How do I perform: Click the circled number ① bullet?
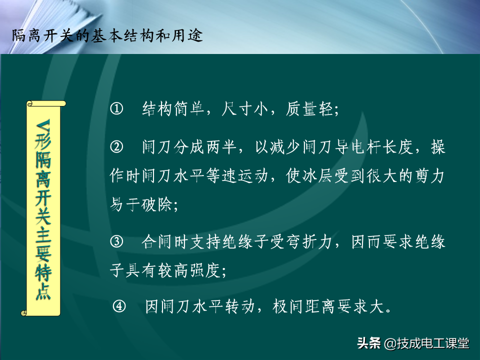click(116, 109)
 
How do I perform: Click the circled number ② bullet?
click(116, 147)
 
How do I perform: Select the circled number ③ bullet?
click(116, 242)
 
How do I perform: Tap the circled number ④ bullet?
click(119, 306)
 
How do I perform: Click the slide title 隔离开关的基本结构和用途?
click(107, 36)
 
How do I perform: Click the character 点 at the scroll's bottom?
click(43, 291)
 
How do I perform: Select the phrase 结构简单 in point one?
click(173, 109)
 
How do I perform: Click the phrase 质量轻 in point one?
click(309, 109)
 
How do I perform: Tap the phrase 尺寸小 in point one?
click(244, 109)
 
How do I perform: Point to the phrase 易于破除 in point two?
click(141, 204)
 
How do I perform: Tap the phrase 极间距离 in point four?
click(304, 306)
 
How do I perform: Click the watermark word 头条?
click(368, 343)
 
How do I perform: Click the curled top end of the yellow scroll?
click(46, 104)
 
